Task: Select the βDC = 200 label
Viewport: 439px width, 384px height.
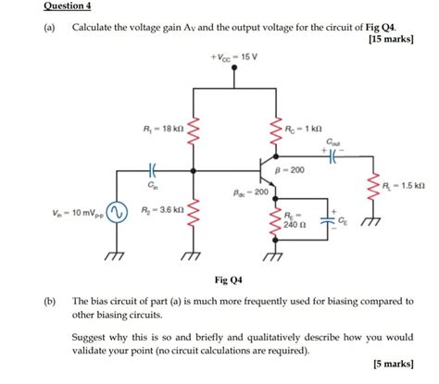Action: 249,192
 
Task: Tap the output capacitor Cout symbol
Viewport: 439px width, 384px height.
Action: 332,155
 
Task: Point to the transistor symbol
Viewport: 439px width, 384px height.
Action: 269,173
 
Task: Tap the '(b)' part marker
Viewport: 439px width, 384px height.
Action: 46,303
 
